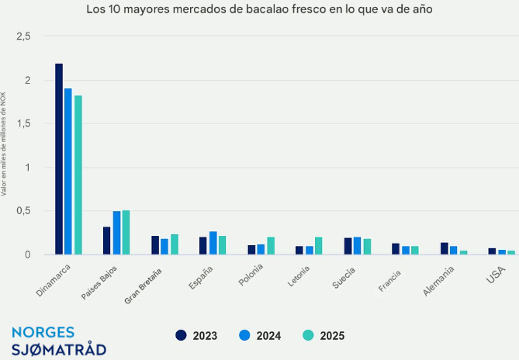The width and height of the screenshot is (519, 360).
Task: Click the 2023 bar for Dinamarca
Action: (59, 159)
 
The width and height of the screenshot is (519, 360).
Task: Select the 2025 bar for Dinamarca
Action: (78, 175)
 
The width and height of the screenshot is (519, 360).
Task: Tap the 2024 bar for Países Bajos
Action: (116, 233)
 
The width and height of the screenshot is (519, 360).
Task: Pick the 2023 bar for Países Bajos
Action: (107, 241)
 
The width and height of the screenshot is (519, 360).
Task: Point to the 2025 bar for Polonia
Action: (271, 246)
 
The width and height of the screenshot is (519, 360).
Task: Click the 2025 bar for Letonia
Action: (319, 246)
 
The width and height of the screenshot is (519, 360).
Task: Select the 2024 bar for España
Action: (213, 243)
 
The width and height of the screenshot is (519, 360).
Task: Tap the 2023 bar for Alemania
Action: (445, 248)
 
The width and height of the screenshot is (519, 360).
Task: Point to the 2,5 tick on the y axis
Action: (23, 36)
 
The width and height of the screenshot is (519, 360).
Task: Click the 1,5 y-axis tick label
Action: (23, 124)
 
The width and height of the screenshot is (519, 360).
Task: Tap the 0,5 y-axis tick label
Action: (23, 211)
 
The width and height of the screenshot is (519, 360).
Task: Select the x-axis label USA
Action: (495, 275)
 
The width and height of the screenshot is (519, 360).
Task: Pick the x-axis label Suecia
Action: (344, 278)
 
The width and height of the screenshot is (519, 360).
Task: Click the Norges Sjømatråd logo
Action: (59, 340)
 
